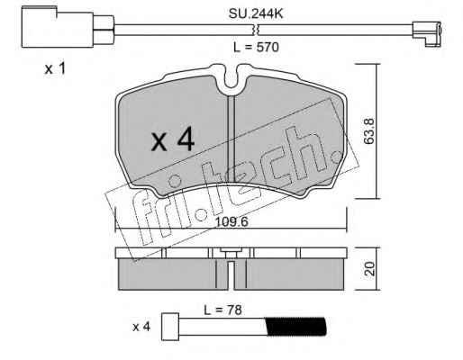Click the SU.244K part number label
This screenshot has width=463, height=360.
coord(256,13)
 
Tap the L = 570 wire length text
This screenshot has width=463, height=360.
coord(256,48)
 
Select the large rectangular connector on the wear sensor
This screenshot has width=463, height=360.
coord(58,28)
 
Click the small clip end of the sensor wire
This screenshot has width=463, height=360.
coord(427,33)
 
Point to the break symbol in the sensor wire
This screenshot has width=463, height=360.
coord(255,30)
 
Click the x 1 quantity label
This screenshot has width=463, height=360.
coord(55,69)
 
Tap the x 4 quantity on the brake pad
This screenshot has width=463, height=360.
coord(173,139)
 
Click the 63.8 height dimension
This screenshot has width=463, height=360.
coord(369,131)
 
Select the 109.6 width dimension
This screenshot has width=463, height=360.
coord(231,222)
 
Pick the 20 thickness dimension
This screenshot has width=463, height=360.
coord(370,269)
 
